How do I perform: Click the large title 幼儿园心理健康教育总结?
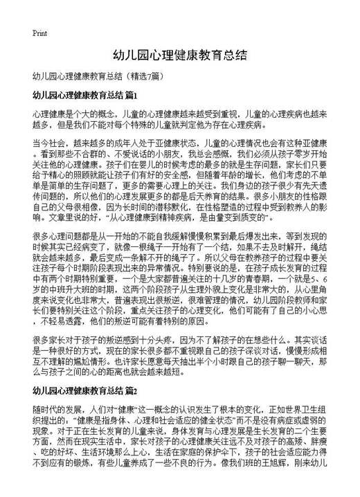(x=180, y=55)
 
